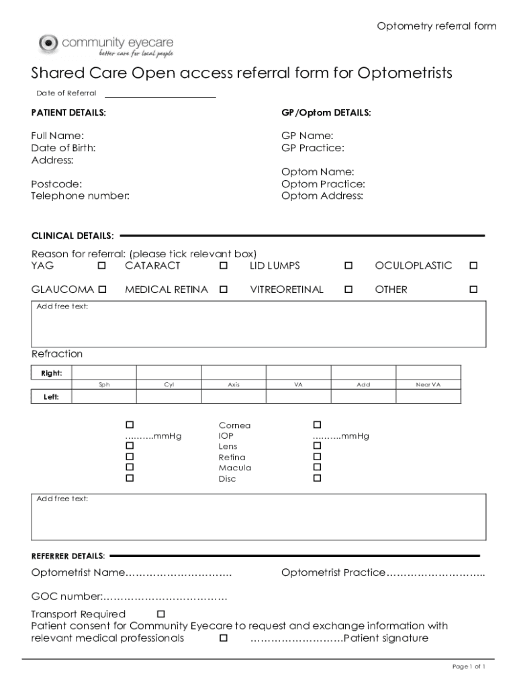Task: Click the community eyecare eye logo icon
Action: [49, 44]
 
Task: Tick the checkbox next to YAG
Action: [102, 266]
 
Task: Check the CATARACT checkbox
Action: [223, 266]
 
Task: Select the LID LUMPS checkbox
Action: [348, 266]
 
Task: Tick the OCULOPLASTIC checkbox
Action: [473, 266]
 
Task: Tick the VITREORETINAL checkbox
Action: [348, 290]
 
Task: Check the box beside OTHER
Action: [473, 290]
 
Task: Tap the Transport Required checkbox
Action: [160, 614]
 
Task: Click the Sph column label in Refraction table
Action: [104, 385]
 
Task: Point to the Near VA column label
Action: [428, 385]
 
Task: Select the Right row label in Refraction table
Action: [52, 373]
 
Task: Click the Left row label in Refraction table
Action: [52, 397]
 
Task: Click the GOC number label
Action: [66, 597]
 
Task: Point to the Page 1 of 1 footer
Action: [469, 666]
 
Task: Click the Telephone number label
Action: [81, 196]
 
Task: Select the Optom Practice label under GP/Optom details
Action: [323, 184]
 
